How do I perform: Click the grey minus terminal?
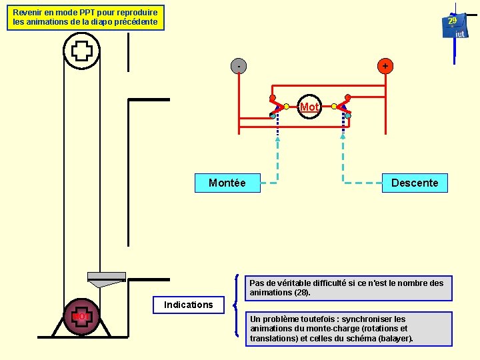click(239, 66)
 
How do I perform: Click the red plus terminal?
click(385, 66)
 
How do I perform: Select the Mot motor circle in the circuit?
click(309, 107)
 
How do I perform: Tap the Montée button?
click(227, 183)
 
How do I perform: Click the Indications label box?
click(189, 305)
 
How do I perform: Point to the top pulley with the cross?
click(81, 50)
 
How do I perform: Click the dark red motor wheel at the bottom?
click(81, 316)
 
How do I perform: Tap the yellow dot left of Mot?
click(286, 106)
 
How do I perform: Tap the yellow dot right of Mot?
click(333, 106)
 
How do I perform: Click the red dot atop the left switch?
click(272, 97)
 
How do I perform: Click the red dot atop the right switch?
click(348, 97)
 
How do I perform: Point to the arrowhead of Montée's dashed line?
click(278, 138)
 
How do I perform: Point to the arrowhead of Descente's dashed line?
click(343, 136)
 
